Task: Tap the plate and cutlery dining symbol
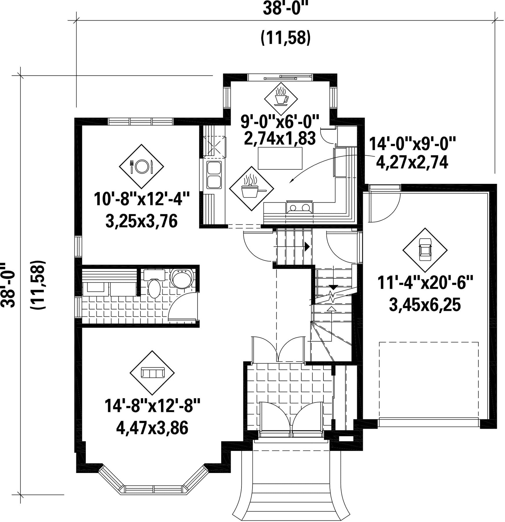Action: [142, 167]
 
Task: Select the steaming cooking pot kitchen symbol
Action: [251, 189]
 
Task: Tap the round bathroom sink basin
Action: [182, 278]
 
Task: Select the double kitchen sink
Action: [214, 175]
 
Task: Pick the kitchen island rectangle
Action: [280, 158]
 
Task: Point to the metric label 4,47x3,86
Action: [152, 428]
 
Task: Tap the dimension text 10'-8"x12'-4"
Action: [142, 200]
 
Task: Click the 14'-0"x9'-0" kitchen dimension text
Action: [412, 144]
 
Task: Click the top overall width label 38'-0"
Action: [286, 8]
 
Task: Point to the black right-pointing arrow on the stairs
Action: [307, 247]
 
